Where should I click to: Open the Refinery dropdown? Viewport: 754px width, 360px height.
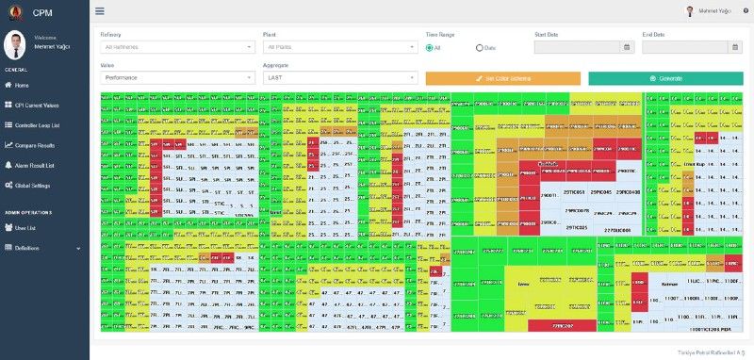(178, 46)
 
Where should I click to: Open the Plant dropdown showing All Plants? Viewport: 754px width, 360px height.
(340, 46)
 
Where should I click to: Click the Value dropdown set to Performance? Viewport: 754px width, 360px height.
(178, 77)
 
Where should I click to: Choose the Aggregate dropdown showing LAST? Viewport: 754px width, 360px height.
(340, 77)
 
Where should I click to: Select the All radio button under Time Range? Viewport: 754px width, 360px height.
(429, 47)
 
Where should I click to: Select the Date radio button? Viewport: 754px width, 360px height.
(480, 47)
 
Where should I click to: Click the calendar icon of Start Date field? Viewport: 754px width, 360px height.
(627, 46)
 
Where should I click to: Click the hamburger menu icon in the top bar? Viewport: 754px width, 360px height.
(100, 11)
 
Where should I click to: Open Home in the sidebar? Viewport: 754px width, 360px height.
(23, 85)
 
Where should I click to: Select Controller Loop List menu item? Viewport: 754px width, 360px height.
(37, 125)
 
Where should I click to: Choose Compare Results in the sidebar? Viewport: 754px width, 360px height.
(35, 145)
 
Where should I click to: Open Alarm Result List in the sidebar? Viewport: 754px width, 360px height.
(35, 165)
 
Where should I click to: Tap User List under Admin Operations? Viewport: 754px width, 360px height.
(25, 227)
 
